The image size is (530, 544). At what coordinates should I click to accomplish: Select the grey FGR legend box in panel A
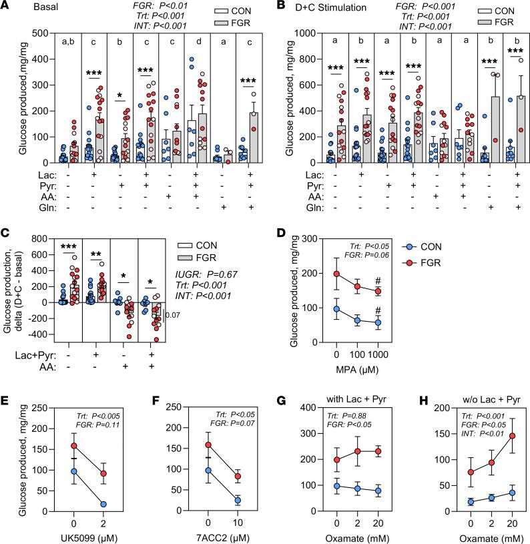point(209,22)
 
